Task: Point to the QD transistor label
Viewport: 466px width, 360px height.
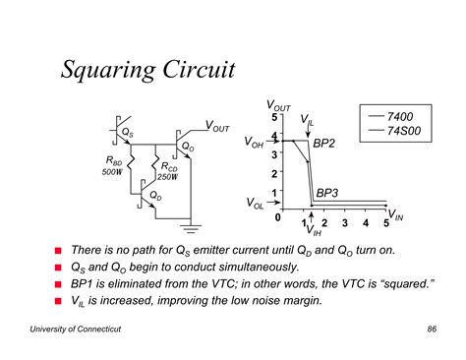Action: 155,196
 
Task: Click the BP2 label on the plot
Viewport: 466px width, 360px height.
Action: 324,144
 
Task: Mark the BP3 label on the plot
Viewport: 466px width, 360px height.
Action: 327,193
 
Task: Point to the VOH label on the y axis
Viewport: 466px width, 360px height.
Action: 254,142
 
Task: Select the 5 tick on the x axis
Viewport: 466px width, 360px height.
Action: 385,223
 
